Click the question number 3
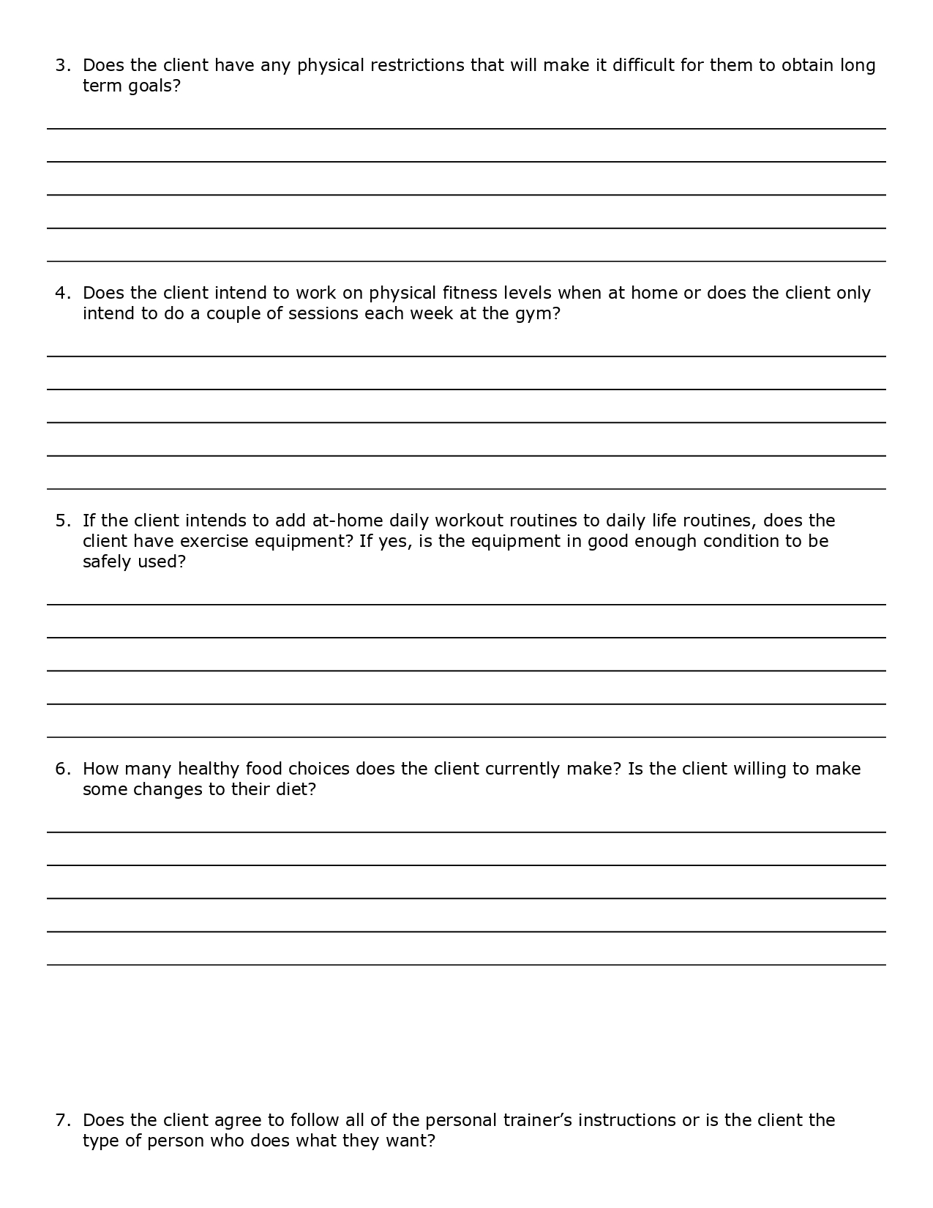(x=62, y=66)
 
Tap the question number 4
(x=62, y=294)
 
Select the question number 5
(x=62, y=521)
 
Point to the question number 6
(x=62, y=769)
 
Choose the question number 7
(x=62, y=1121)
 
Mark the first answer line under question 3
(x=466, y=128)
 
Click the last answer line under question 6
(x=466, y=964)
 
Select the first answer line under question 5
(x=466, y=604)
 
